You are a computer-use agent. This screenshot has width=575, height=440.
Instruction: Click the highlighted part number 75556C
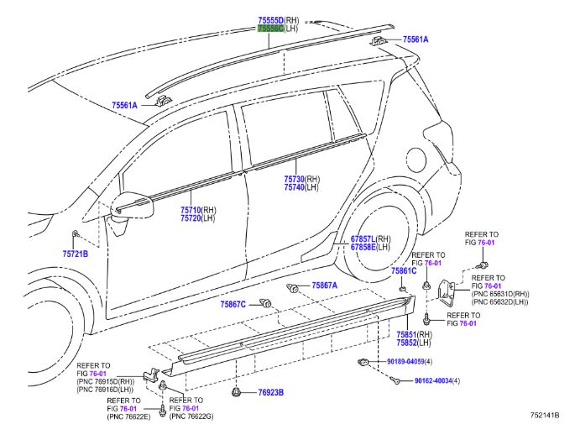pos(270,29)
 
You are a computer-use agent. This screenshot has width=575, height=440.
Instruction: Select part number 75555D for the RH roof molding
pos(270,19)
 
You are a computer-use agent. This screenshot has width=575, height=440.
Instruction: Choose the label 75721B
pos(75,253)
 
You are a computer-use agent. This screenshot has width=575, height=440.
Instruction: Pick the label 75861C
pos(404,271)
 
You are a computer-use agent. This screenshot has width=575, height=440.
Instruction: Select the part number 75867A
pos(324,285)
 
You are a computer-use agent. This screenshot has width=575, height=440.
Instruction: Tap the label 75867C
pos(233,304)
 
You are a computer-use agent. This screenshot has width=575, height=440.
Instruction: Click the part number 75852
pos(408,343)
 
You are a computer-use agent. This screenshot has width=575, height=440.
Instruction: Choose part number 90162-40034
pos(433,380)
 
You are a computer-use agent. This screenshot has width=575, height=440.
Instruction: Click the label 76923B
pos(270,392)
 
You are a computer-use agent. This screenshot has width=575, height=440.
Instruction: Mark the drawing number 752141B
pos(546,415)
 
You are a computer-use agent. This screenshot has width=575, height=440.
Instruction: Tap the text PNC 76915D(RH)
pos(106,382)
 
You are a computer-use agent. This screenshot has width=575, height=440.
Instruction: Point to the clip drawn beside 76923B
pos(238,391)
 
